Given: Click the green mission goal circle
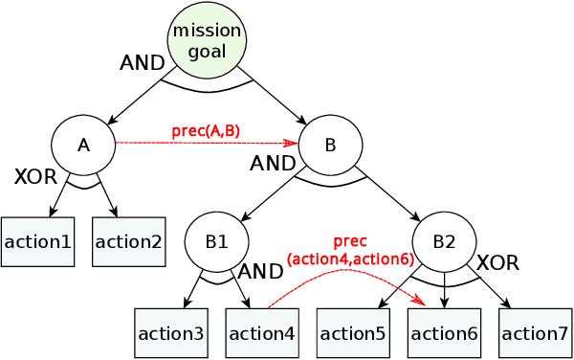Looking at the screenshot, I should point(208,41).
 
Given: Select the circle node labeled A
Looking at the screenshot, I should point(83,145).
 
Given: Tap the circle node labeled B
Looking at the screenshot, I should point(330,145).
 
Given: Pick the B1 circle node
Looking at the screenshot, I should point(216,241).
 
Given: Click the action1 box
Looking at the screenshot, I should point(37,241).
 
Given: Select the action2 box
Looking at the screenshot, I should point(129,241).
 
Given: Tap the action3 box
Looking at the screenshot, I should point(170,333).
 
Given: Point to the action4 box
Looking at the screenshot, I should point(262,333).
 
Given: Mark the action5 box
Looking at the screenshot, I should point(354,333).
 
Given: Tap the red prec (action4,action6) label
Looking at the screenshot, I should point(350,250).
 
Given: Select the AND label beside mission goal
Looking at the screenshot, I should point(142,63).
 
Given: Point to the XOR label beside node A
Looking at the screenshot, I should point(35,176).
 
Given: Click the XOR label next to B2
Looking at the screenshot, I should point(497,261).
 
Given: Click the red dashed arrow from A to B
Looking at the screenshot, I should point(206,144).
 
